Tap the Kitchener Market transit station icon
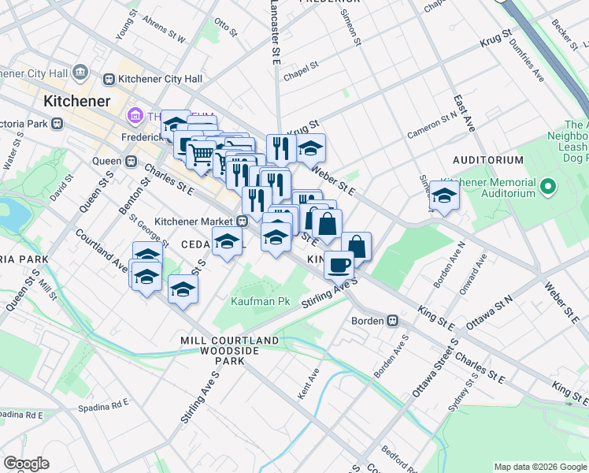(244, 222)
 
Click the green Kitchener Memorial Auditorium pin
(550, 187)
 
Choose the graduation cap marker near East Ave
(444, 196)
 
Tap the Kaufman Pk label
(255, 301)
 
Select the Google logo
(27, 464)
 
